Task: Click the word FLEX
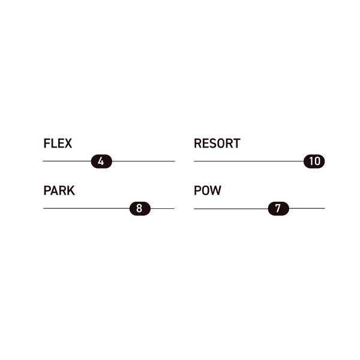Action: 58,143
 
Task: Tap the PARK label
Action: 59,191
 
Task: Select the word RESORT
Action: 217,143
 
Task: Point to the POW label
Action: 208,190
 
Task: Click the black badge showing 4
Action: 101,161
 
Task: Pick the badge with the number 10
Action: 314,161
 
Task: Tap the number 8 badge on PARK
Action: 140,208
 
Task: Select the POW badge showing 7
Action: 278,208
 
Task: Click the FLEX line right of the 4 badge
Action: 143,161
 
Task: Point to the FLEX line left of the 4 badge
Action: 67,161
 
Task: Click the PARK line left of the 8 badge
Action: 86,208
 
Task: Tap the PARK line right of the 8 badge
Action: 163,208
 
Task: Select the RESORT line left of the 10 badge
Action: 249,161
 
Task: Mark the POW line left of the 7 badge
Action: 231,209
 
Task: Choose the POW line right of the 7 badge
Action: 307,208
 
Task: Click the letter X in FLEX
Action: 67,143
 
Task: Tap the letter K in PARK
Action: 71,191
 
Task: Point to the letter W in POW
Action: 216,190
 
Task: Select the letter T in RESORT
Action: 236,143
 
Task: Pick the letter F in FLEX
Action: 47,143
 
